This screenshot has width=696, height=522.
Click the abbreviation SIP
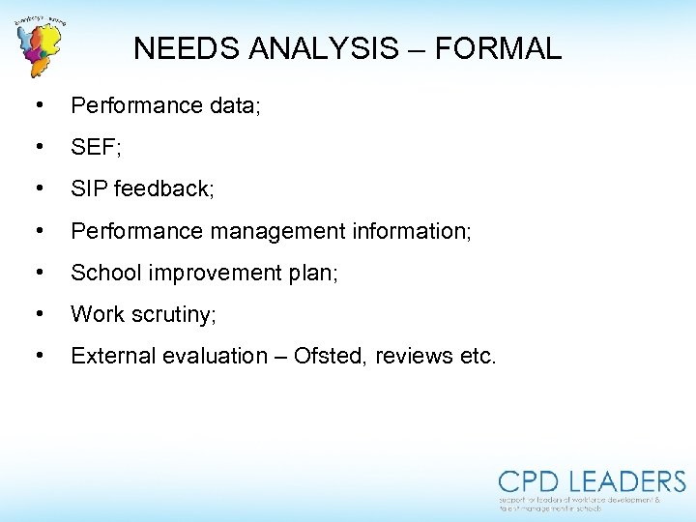[88, 188]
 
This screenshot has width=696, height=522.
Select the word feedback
[163, 188]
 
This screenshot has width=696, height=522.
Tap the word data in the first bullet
[231, 105]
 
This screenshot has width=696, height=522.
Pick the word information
[410, 231]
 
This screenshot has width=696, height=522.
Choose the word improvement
[208, 273]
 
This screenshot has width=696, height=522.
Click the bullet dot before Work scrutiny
[38, 313]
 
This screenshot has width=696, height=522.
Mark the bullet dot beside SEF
[38, 147]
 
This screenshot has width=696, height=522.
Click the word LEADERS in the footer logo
[627, 481]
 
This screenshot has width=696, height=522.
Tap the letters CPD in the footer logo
[530, 481]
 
